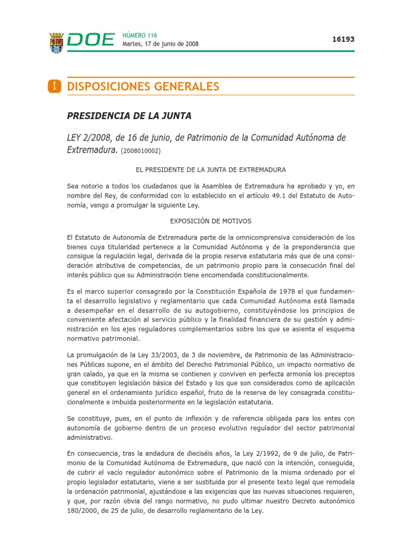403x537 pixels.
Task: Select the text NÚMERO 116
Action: pos(139,35)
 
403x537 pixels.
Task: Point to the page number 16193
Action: pos(343,39)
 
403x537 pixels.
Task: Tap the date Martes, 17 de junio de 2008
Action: pos(160,44)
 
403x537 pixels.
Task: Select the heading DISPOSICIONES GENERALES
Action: pos(143,87)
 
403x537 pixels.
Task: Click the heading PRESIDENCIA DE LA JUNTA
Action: pos(129,116)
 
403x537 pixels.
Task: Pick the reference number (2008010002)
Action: pos(141,151)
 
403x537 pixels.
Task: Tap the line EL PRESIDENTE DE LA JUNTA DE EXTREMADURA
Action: pos(211,170)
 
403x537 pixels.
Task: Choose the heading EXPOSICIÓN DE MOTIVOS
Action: pos(211,221)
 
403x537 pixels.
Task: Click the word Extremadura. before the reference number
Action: pos(92,150)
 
